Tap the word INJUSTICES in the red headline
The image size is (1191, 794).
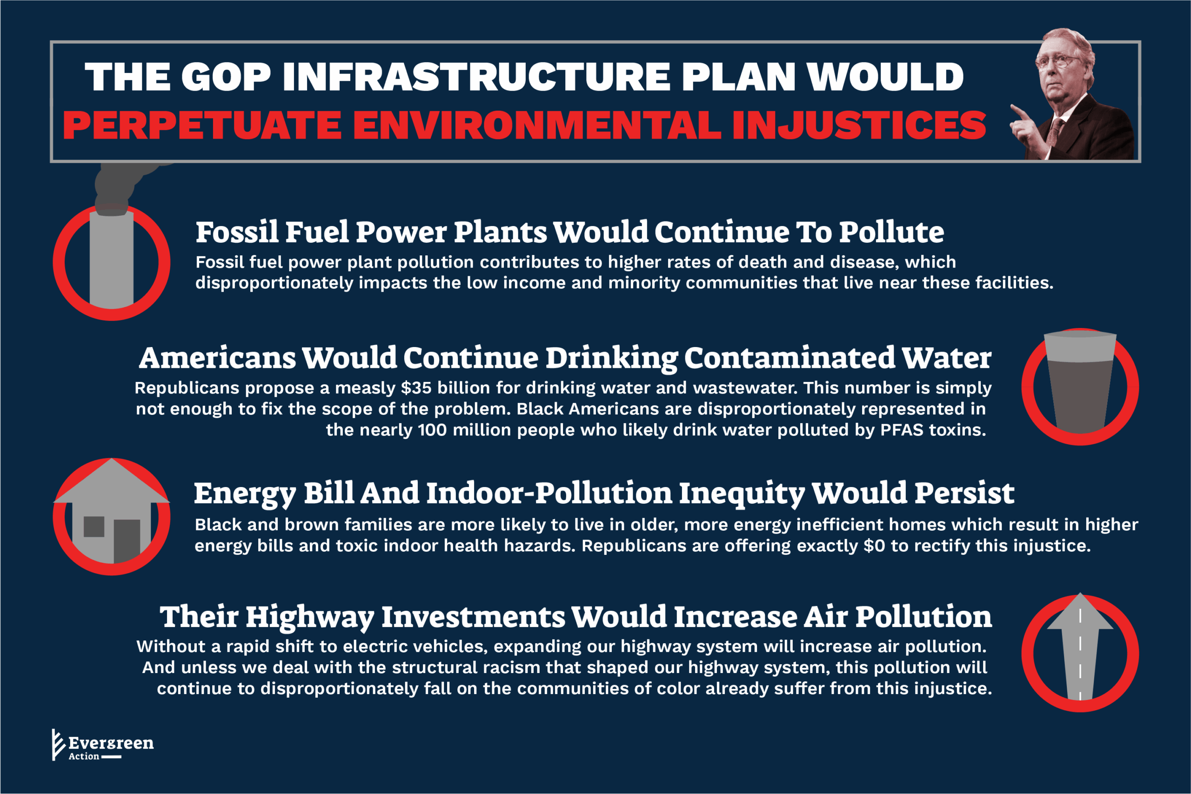tap(859, 125)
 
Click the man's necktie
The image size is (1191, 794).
tap(1055, 133)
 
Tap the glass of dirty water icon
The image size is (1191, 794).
tap(1080, 382)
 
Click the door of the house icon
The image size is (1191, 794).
tap(127, 541)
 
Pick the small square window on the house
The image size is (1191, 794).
tap(94, 527)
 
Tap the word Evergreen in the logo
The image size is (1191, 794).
tap(111, 743)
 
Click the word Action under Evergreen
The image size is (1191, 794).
tap(84, 756)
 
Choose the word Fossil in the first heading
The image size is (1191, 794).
tap(237, 232)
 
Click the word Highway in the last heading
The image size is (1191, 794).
tap(310, 618)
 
